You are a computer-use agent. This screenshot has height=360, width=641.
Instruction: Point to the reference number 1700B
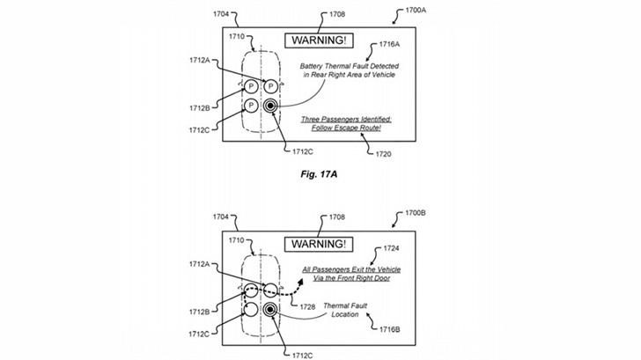(x=418, y=214)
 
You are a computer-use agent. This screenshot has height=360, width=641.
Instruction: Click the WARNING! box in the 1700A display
(x=320, y=40)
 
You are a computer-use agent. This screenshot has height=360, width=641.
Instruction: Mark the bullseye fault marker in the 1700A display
(x=271, y=107)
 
